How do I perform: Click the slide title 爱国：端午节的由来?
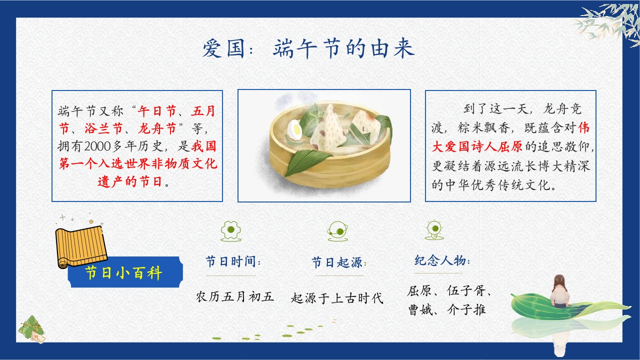coord(308,48)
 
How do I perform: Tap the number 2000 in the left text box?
coord(97,146)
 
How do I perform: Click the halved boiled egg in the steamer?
coord(295,130)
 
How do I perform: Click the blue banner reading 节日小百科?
coord(125,272)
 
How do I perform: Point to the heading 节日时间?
coord(233,261)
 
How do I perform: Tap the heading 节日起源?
coord(339,262)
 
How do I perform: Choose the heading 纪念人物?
coord(442,260)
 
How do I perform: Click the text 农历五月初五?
coord(235,296)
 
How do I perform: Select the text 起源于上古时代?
coord(337,298)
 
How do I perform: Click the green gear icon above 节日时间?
coord(231,231)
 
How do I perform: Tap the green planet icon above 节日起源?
coord(337,231)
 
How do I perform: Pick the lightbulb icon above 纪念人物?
coord(434,230)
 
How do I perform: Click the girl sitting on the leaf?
coord(559,291)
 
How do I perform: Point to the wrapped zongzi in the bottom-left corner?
coord(32,329)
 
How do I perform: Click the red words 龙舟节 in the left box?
coord(157,128)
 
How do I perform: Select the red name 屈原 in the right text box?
coord(509,146)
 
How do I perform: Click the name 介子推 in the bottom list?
coord(466,309)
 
